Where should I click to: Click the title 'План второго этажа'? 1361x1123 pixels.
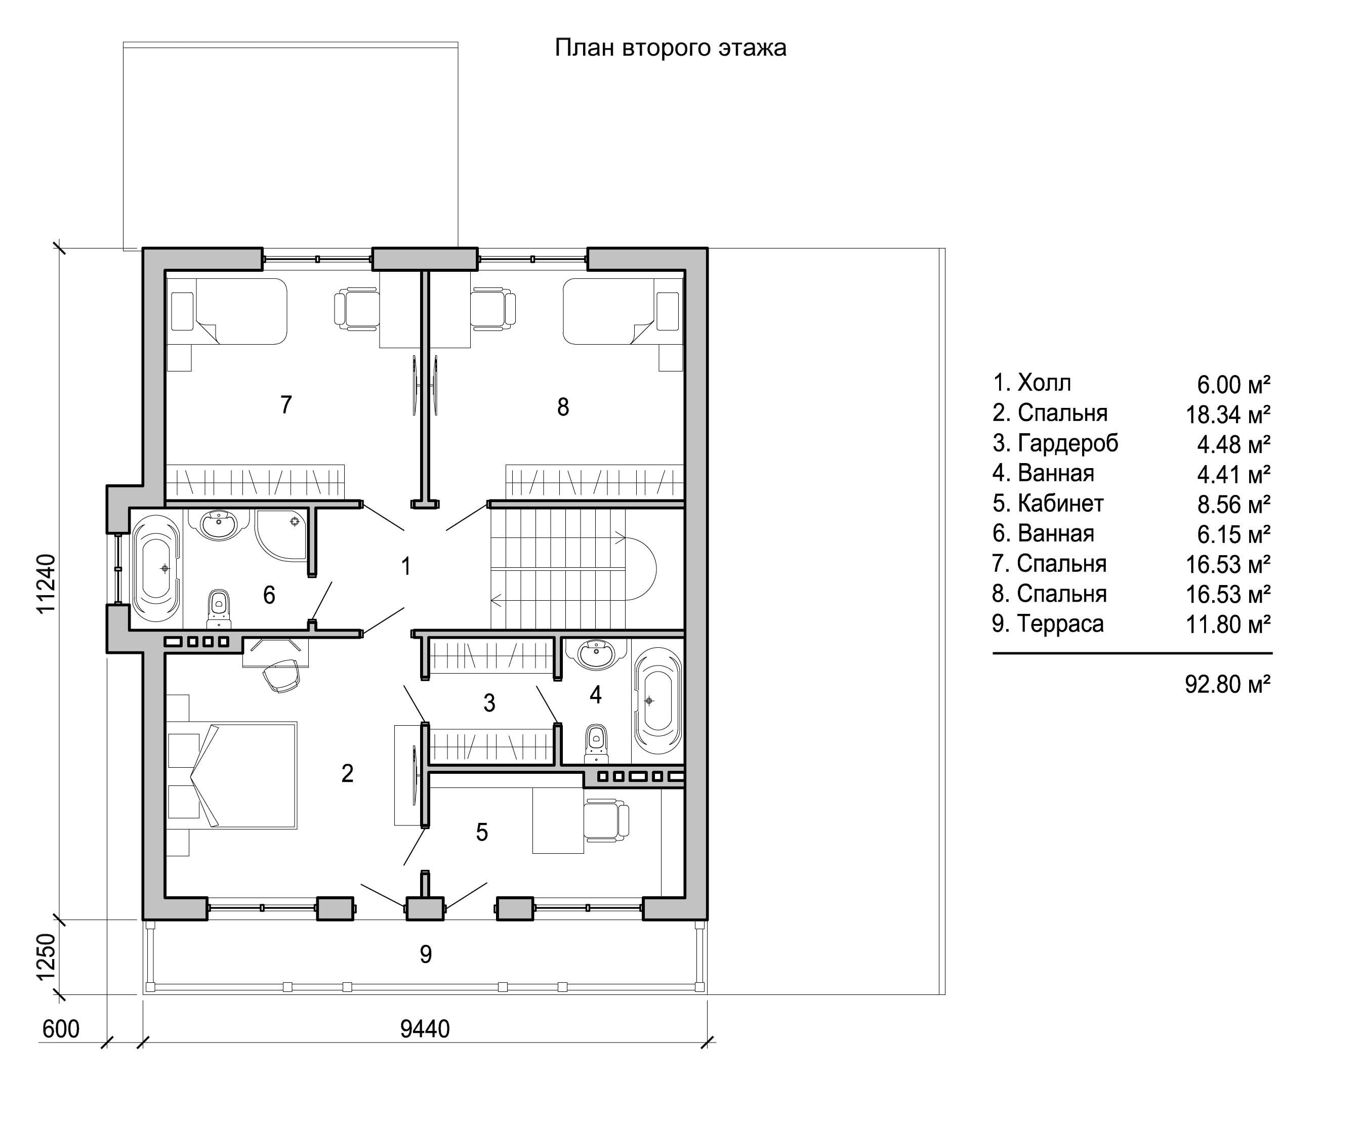pyautogui.click(x=670, y=49)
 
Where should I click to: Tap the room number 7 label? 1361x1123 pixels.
pyautogui.click(x=286, y=405)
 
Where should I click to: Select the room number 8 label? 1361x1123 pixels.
pyautogui.click(x=563, y=407)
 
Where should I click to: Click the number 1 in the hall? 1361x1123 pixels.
pyautogui.click(x=405, y=567)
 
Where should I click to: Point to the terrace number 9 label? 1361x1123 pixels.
pyautogui.click(x=426, y=954)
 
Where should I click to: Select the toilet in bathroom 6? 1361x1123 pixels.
pyautogui.click(x=219, y=609)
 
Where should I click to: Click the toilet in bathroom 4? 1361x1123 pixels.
pyautogui.click(x=596, y=744)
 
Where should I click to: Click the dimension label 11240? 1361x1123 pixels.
pyautogui.click(x=47, y=583)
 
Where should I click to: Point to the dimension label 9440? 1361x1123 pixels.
pyautogui.click(x=425, y=1028)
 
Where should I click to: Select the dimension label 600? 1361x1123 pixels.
pyautogui.click(x=61, y=1028)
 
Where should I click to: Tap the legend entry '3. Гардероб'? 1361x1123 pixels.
pyautogui.click(x=1055, y=443)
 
